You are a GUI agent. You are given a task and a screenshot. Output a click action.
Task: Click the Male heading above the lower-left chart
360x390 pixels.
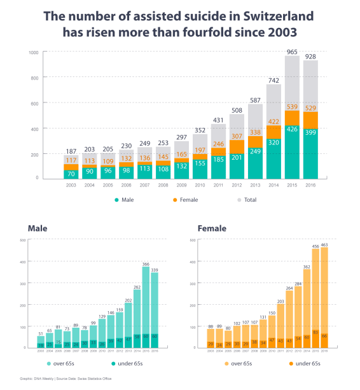[39, 227]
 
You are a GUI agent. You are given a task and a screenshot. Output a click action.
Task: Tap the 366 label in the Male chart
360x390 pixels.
[146, 263]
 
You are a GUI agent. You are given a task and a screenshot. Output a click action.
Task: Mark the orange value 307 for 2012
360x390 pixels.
[237, 136]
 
